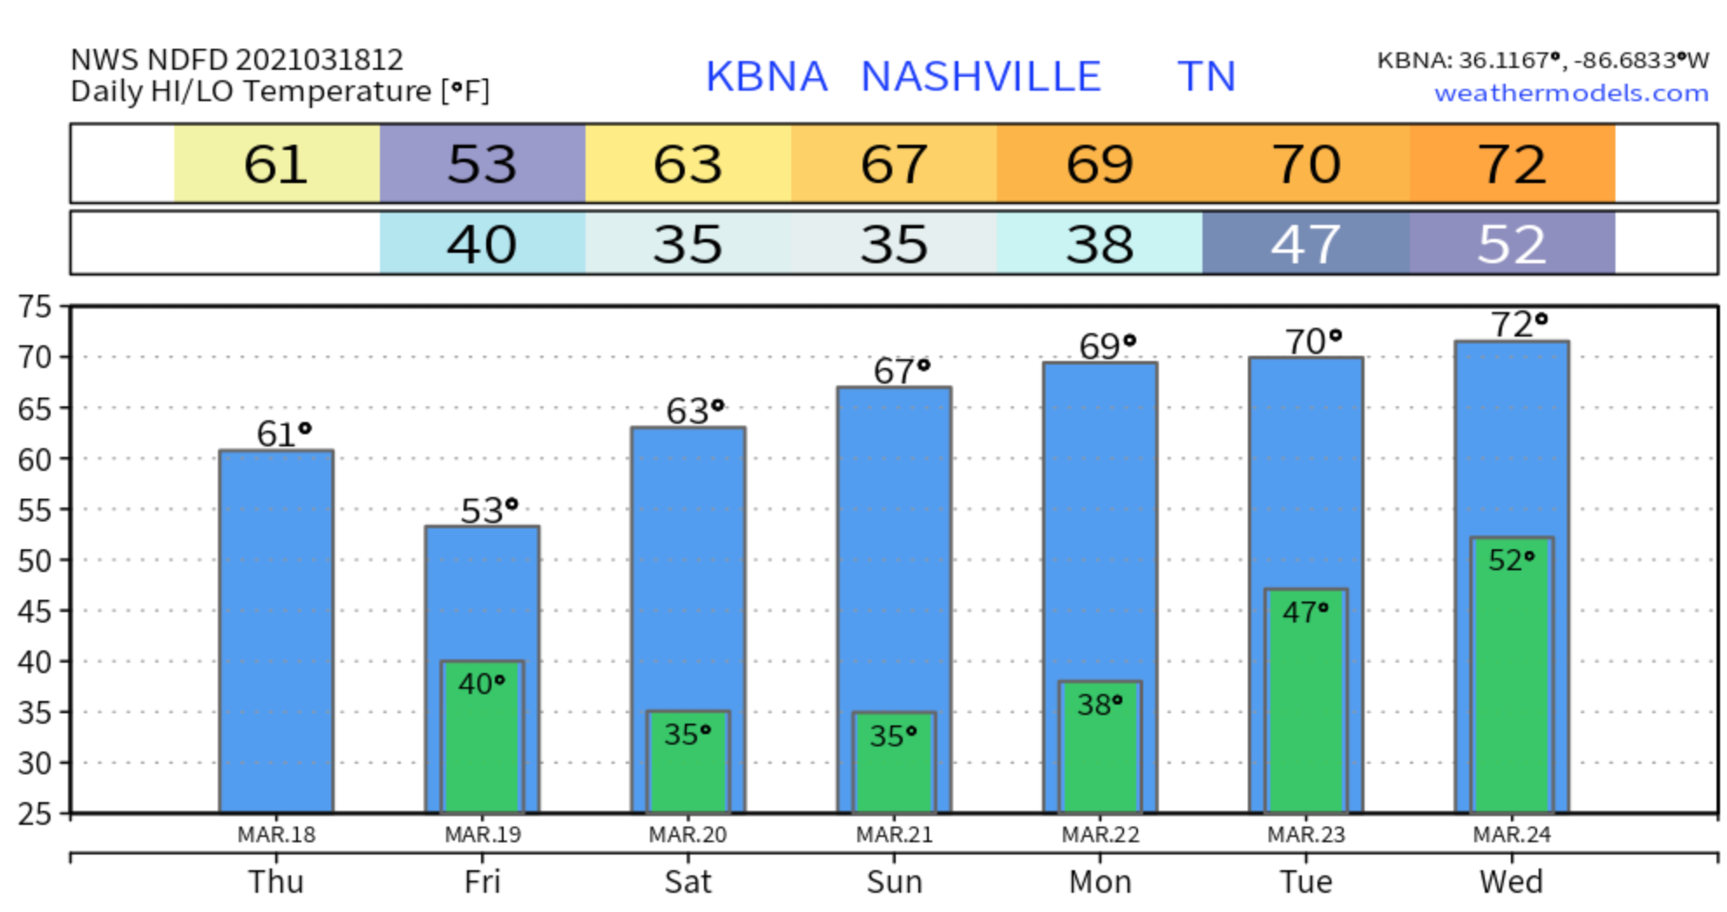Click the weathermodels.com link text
point(1570,92)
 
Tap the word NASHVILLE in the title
point(980,77)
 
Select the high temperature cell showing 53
point(482,164)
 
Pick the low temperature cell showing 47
point(1305,243)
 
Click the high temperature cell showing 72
point(1512,164)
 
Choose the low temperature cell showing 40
point(482,243)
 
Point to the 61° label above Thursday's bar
point(283,433)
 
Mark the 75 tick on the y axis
point(35,307)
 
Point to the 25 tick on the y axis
point(35,813)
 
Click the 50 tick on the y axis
point(35,561)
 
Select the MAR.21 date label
point(894,834)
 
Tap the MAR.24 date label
point(1512,834)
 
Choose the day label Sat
point(687,881)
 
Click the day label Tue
point(1305,881)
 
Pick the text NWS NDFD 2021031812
point(236,60)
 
